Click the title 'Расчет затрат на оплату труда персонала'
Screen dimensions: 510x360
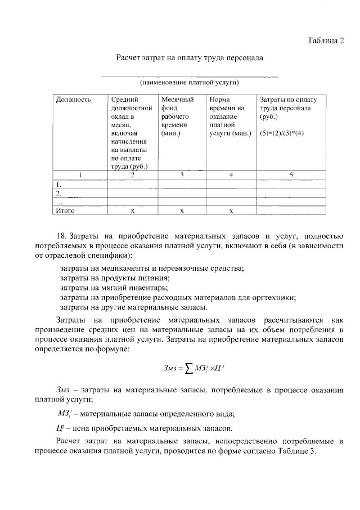pos(190,57)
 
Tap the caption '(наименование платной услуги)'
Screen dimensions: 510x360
pos(190,82)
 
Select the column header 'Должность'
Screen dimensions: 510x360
pos(73,100)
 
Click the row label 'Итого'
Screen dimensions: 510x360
pos(65,210)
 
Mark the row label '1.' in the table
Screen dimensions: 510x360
pos(59,184)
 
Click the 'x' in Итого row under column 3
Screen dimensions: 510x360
pos(182,210)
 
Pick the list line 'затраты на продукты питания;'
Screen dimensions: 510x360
pos(115,278)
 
